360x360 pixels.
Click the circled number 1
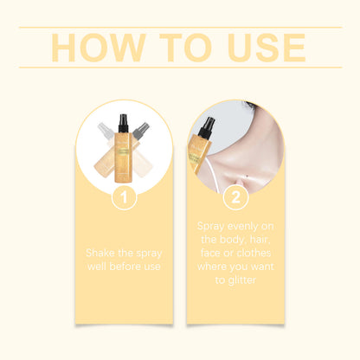click(x=125, y=197)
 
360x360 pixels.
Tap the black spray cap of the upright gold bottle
click(x=124, y=125)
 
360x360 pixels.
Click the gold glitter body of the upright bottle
click(x=124, y=160)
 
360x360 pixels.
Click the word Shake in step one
click(x=102, y=253)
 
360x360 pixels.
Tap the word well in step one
click(x=101, y=267)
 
